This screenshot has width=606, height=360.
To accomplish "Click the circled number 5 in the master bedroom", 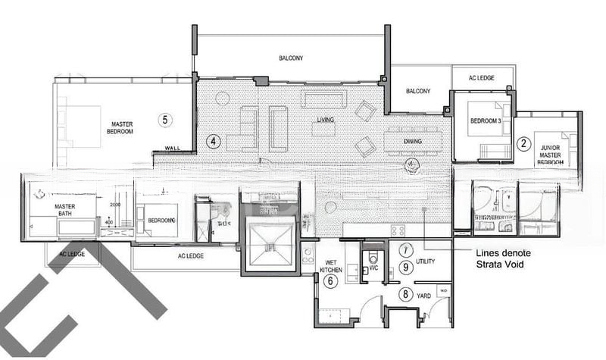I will tap(165, 119).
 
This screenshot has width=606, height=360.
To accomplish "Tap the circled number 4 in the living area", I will tap(214, 141).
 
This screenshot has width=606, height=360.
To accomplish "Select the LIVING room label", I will tap(326, 121).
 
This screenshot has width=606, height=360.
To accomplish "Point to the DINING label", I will tap(412, 142).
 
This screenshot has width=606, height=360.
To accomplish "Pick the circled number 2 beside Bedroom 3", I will tap(522, 142).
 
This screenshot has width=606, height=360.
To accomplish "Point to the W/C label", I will tap(372, 267).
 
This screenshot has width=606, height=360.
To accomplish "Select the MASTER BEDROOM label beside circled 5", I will tap(122, 128).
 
